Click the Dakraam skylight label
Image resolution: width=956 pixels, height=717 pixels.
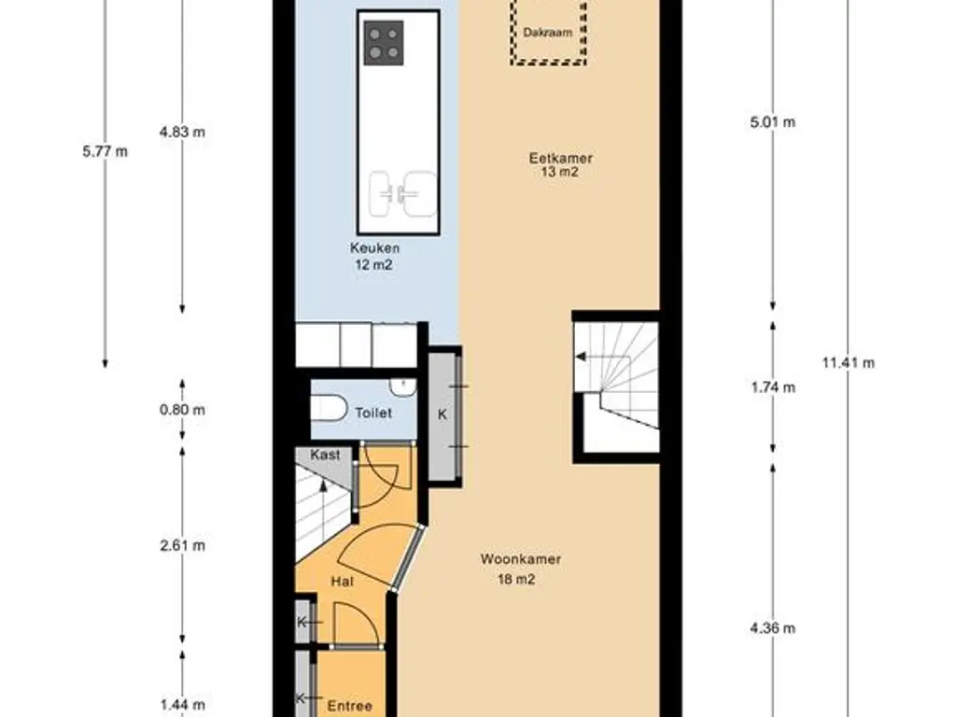point(547,33)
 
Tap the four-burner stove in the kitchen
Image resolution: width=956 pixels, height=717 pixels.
point(384,43)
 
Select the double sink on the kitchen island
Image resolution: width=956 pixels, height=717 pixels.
point(403,193)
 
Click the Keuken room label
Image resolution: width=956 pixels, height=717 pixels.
point(375,248)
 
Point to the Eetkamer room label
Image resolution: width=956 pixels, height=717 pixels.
point(561,158)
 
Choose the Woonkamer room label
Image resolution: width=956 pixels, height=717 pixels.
point(521,559)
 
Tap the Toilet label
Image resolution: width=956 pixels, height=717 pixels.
point(373,413)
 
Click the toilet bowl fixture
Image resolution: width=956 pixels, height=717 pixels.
point(329,408)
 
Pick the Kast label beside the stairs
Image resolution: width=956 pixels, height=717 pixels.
point(325,455)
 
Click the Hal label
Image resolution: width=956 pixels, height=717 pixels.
point(342,582)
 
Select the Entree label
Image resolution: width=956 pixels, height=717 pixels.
point(350,706)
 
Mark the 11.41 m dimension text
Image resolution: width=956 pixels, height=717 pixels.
point(848,363)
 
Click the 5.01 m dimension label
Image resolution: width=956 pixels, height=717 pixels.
point(772,122)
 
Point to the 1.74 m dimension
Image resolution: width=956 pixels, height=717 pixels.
point(773,387)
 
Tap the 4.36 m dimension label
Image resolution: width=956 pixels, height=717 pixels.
point(772,628)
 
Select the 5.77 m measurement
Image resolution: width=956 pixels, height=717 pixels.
point(105,151)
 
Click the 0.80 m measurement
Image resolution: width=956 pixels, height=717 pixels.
point(182,410)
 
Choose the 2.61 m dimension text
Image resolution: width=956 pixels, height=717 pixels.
point(182,545)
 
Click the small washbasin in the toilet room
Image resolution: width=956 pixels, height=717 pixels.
point(403,386)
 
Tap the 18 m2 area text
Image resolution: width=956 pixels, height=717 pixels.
point(516,579)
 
